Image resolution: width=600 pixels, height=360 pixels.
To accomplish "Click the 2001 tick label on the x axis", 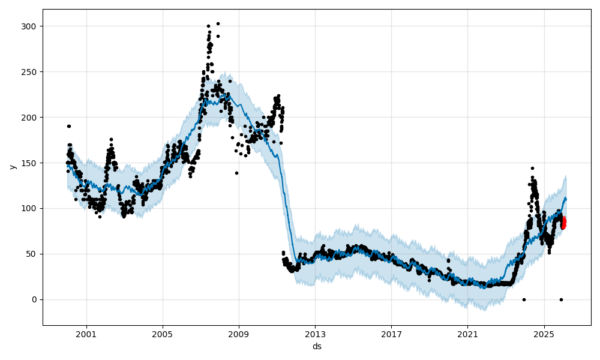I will (86, 334).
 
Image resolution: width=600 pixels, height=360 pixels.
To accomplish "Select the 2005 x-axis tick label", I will (163, 334).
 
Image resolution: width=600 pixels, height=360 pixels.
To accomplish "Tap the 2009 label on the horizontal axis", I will (239, 334).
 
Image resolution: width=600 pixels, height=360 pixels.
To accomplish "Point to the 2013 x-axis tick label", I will (315, 334).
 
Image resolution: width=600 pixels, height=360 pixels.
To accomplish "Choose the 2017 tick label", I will (391, 334).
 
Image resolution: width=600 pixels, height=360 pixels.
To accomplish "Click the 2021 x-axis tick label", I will (467, 334).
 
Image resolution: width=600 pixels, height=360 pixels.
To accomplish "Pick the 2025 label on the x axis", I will (544, 334).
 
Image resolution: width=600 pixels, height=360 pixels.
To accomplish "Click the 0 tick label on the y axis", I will (35, 299).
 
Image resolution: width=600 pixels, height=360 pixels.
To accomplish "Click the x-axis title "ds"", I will (317, 346).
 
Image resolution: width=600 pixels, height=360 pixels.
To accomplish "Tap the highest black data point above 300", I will (218, 23).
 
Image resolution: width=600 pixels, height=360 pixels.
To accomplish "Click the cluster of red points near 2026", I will (563, 223).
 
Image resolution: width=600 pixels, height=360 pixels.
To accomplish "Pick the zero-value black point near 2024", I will (524, 299).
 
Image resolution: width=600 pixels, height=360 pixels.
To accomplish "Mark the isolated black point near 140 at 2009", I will (236, 173).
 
